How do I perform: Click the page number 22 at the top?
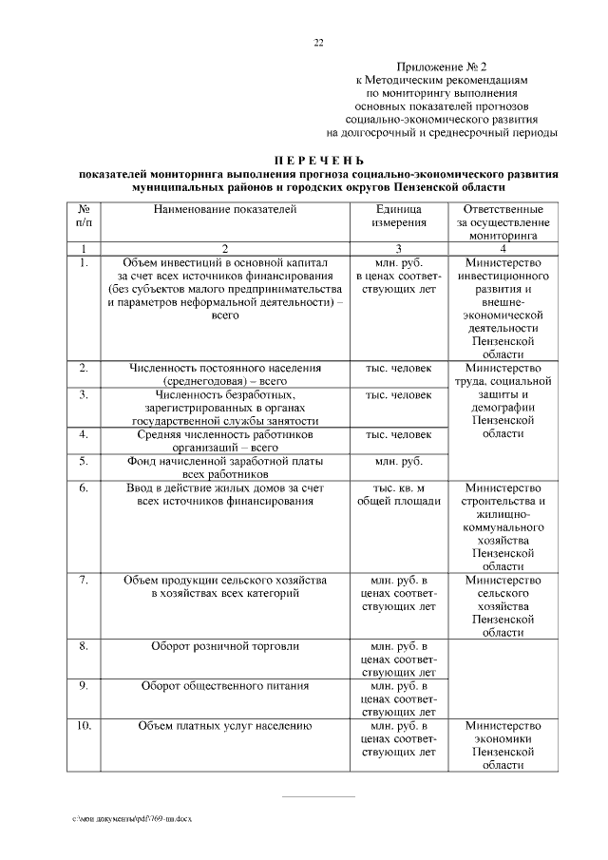pyautogui.click(x=319, y=42)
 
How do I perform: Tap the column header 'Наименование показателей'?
pyautogui.click(x=225, y=208)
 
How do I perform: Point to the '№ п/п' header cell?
pyautogui.click(x=84, y=215)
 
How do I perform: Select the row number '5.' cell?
pyautogui.click(x=84, y=462)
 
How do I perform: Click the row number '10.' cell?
pyautogui.click(x=84, y=727)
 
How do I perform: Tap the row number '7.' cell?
pyautogui.click(x=84, y=580)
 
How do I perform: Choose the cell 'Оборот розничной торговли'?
pyautogui.click(x=225, y=646)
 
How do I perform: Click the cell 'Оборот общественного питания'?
pyautogui.click(x=225, y=685)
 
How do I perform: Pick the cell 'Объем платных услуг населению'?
pyautogui.click(x=225, y=727)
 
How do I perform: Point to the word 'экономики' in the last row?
pyautogui.click(x=503, y=740)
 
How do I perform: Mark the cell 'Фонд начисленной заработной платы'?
pyautogui.click(x=225, y=462)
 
